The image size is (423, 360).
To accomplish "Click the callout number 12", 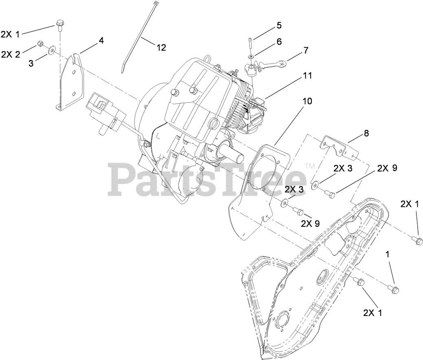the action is (x=161, y=48).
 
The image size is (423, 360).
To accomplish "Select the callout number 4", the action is (x=101, y=40).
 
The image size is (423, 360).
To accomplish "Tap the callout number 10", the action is (x=307, y=101).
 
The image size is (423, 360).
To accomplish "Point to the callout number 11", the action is (x=307, y=76).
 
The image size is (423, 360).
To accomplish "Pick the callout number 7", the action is (x=305, y=50).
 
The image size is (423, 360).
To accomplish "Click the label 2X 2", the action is (x=11, y=55).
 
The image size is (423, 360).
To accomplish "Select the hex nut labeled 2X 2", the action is (x=40, y=43).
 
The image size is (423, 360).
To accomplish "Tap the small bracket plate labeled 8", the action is (x=338, y=147).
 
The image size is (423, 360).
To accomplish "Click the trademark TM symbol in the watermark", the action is (x=310, y=166).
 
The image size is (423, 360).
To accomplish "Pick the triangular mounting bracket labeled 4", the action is (x=69, y=83).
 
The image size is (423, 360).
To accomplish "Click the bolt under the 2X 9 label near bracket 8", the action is (x=330, y=195).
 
